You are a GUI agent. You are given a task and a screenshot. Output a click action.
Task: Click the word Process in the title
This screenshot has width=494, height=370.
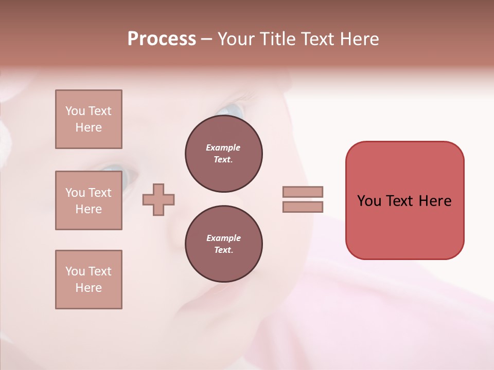click(x=162, y=39)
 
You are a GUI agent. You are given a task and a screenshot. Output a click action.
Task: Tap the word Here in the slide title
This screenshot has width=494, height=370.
click(x=360, y=39)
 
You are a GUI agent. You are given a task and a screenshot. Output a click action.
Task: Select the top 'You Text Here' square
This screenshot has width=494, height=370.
click(x=89, y=119)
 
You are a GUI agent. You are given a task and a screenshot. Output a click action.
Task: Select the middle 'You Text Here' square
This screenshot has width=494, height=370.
click(x=89, y=200)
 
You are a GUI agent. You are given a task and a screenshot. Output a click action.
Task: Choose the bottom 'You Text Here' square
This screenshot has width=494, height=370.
click(x=89, y=279)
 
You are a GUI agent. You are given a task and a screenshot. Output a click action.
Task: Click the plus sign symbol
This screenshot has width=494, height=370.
click(x=158, y=199)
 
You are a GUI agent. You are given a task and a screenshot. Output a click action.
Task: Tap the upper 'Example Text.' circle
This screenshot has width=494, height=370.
click(x=223, y=154)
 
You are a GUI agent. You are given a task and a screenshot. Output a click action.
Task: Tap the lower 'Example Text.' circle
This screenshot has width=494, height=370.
click(x=223, y=244)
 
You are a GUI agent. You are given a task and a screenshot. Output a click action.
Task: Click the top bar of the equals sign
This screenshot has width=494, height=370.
click(x=303, y=192)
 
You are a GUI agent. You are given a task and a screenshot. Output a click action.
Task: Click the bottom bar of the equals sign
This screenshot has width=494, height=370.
click(x=303, y=207)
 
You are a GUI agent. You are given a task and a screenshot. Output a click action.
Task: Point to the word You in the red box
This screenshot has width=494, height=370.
click(x=369, y=201)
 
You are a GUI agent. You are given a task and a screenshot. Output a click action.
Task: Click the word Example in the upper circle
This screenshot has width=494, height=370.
click(x=223, y=147)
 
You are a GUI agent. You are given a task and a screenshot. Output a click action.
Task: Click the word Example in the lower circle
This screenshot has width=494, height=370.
click(x=223, y=238)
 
